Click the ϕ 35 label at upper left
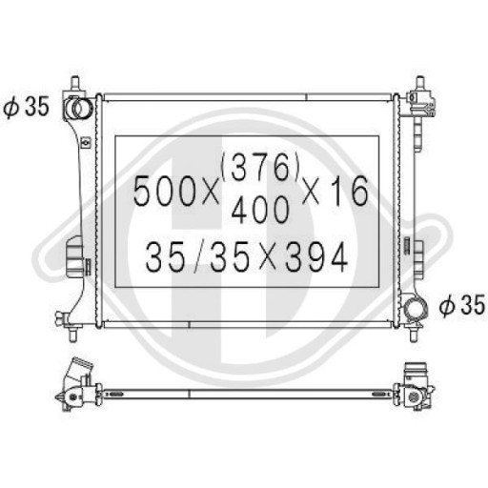pos(26,107)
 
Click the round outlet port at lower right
pos(415,308)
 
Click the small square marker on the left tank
pos(87,143)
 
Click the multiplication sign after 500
pos(208,193)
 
